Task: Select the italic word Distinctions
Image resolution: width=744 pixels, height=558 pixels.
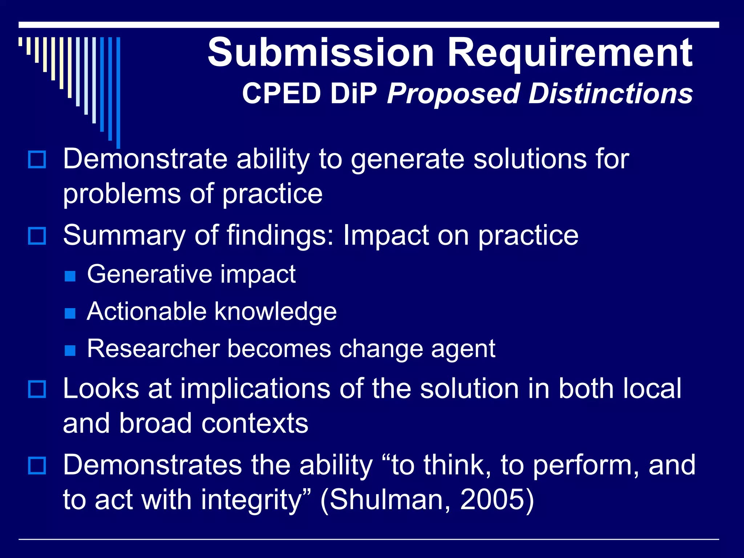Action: (x=610, y=94)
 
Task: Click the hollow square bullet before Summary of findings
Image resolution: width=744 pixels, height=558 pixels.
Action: (x=37, y=236)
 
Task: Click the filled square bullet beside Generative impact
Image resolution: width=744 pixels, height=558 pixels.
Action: (x=70, y=276)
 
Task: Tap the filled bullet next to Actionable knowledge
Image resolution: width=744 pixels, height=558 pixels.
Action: (x=70, y=313)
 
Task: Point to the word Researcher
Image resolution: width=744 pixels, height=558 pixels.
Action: (x=153, y=349)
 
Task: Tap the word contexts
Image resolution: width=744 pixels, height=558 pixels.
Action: (x=254, y=424)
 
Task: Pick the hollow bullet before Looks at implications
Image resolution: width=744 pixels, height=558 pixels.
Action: (x=37, y=389)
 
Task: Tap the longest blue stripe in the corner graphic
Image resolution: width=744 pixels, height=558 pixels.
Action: (x=118, y=93)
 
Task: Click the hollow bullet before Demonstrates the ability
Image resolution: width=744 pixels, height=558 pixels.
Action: (x=37, y=466)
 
